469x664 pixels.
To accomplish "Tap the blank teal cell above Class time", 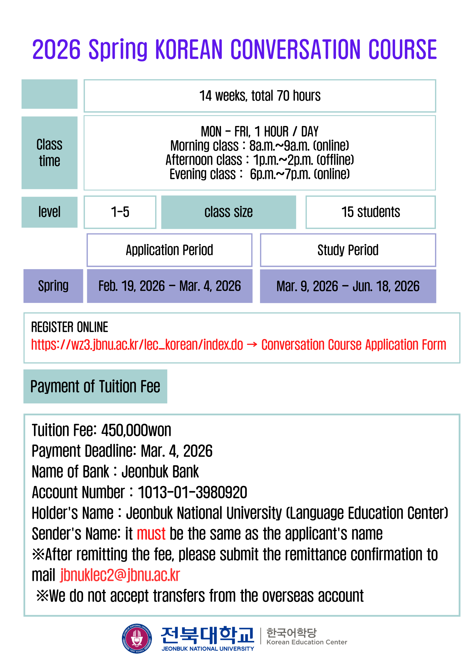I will [x=49, y=94].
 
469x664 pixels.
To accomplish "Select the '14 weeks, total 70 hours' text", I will [x=260, y=96].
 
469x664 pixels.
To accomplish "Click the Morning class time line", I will [x=259, y=146].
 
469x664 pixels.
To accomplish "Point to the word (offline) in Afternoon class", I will [x=335, y=160].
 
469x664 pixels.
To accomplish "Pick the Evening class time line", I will [x=259, y=174].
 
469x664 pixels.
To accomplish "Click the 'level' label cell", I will [x=49, y=212].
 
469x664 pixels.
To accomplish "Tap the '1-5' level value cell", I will [x=120, y=212].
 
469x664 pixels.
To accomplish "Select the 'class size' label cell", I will [x=228, y=212].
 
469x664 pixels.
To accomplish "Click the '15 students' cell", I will [x=371, y=212].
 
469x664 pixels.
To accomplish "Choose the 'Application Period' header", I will [x=169, y=250].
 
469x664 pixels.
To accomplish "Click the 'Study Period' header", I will [x=348, y=250].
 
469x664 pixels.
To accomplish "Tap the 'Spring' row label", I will [x=53, y=286].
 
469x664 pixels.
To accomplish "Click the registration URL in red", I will [x=137, y=345].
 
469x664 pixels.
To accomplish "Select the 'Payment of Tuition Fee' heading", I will [x=95, y=386].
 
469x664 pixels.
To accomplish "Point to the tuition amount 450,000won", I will [x=136, y=430].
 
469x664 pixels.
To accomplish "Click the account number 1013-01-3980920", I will [x=192, y=492].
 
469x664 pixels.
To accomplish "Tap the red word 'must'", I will [x=151, y=534].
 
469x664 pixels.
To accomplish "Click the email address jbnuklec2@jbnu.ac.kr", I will [x=120, y=575].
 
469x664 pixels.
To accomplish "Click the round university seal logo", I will [x=137, y=638].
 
